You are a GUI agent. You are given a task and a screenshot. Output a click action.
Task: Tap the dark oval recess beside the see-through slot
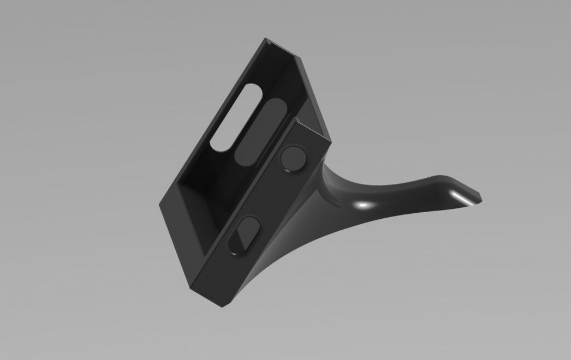point(260,131)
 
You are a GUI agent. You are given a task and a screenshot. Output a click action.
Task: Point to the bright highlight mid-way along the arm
point(361,205)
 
